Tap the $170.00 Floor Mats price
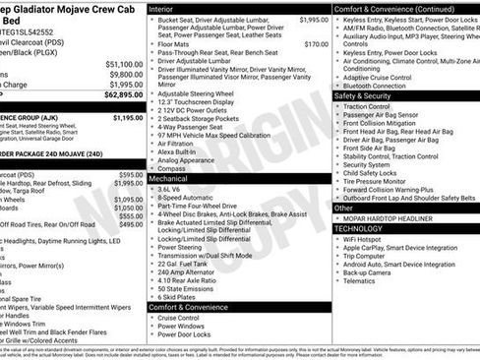coord(316,44)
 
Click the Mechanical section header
coord(170,180)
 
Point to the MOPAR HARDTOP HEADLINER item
coord(394,217)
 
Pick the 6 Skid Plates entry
coord(181,296)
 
